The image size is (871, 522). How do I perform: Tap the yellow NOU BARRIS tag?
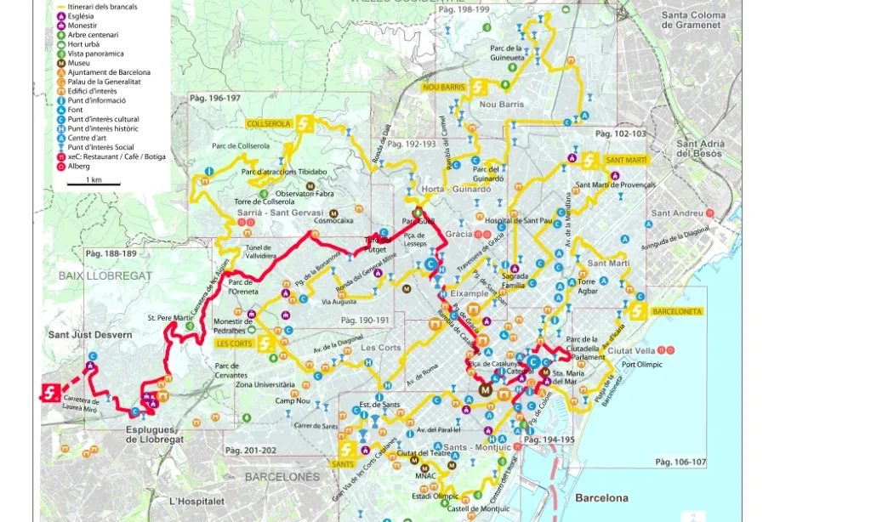(442, 88)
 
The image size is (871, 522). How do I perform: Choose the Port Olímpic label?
(641, 366)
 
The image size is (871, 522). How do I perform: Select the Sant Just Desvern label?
(90, 335)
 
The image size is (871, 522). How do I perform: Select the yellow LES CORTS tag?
(234, 343)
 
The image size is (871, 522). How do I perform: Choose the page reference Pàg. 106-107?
(680, 462)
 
